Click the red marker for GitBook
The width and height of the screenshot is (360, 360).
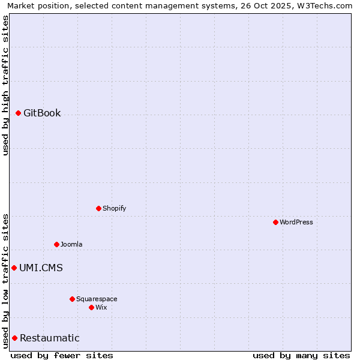coord(18,113)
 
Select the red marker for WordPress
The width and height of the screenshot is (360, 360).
coord(275,222)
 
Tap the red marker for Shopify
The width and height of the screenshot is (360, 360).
coord(98,208)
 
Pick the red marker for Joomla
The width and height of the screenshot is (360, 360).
coord(56,244)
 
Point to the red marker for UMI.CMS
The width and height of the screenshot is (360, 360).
coord(14,268)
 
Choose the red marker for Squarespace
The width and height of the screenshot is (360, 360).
coord(72,299)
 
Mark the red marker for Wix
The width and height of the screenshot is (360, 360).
coord(91,307)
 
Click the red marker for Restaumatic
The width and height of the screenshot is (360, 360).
coord(14,338)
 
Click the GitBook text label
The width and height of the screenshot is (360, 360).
coord(42,113)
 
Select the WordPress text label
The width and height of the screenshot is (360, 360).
coord(296,222)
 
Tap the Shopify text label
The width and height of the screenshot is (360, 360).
coord(114,208)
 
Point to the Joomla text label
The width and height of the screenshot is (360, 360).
coord(71,244)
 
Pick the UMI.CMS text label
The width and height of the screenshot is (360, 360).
coord(41,268)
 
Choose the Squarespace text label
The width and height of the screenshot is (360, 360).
coord(97,299)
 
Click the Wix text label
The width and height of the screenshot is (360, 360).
coord(101,307)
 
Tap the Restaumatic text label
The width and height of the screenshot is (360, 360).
coord(49,338)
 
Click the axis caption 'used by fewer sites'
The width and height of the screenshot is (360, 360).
coord(62,355)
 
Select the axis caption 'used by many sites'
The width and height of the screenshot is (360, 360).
coord(301,355)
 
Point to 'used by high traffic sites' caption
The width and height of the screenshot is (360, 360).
coord(5,85)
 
